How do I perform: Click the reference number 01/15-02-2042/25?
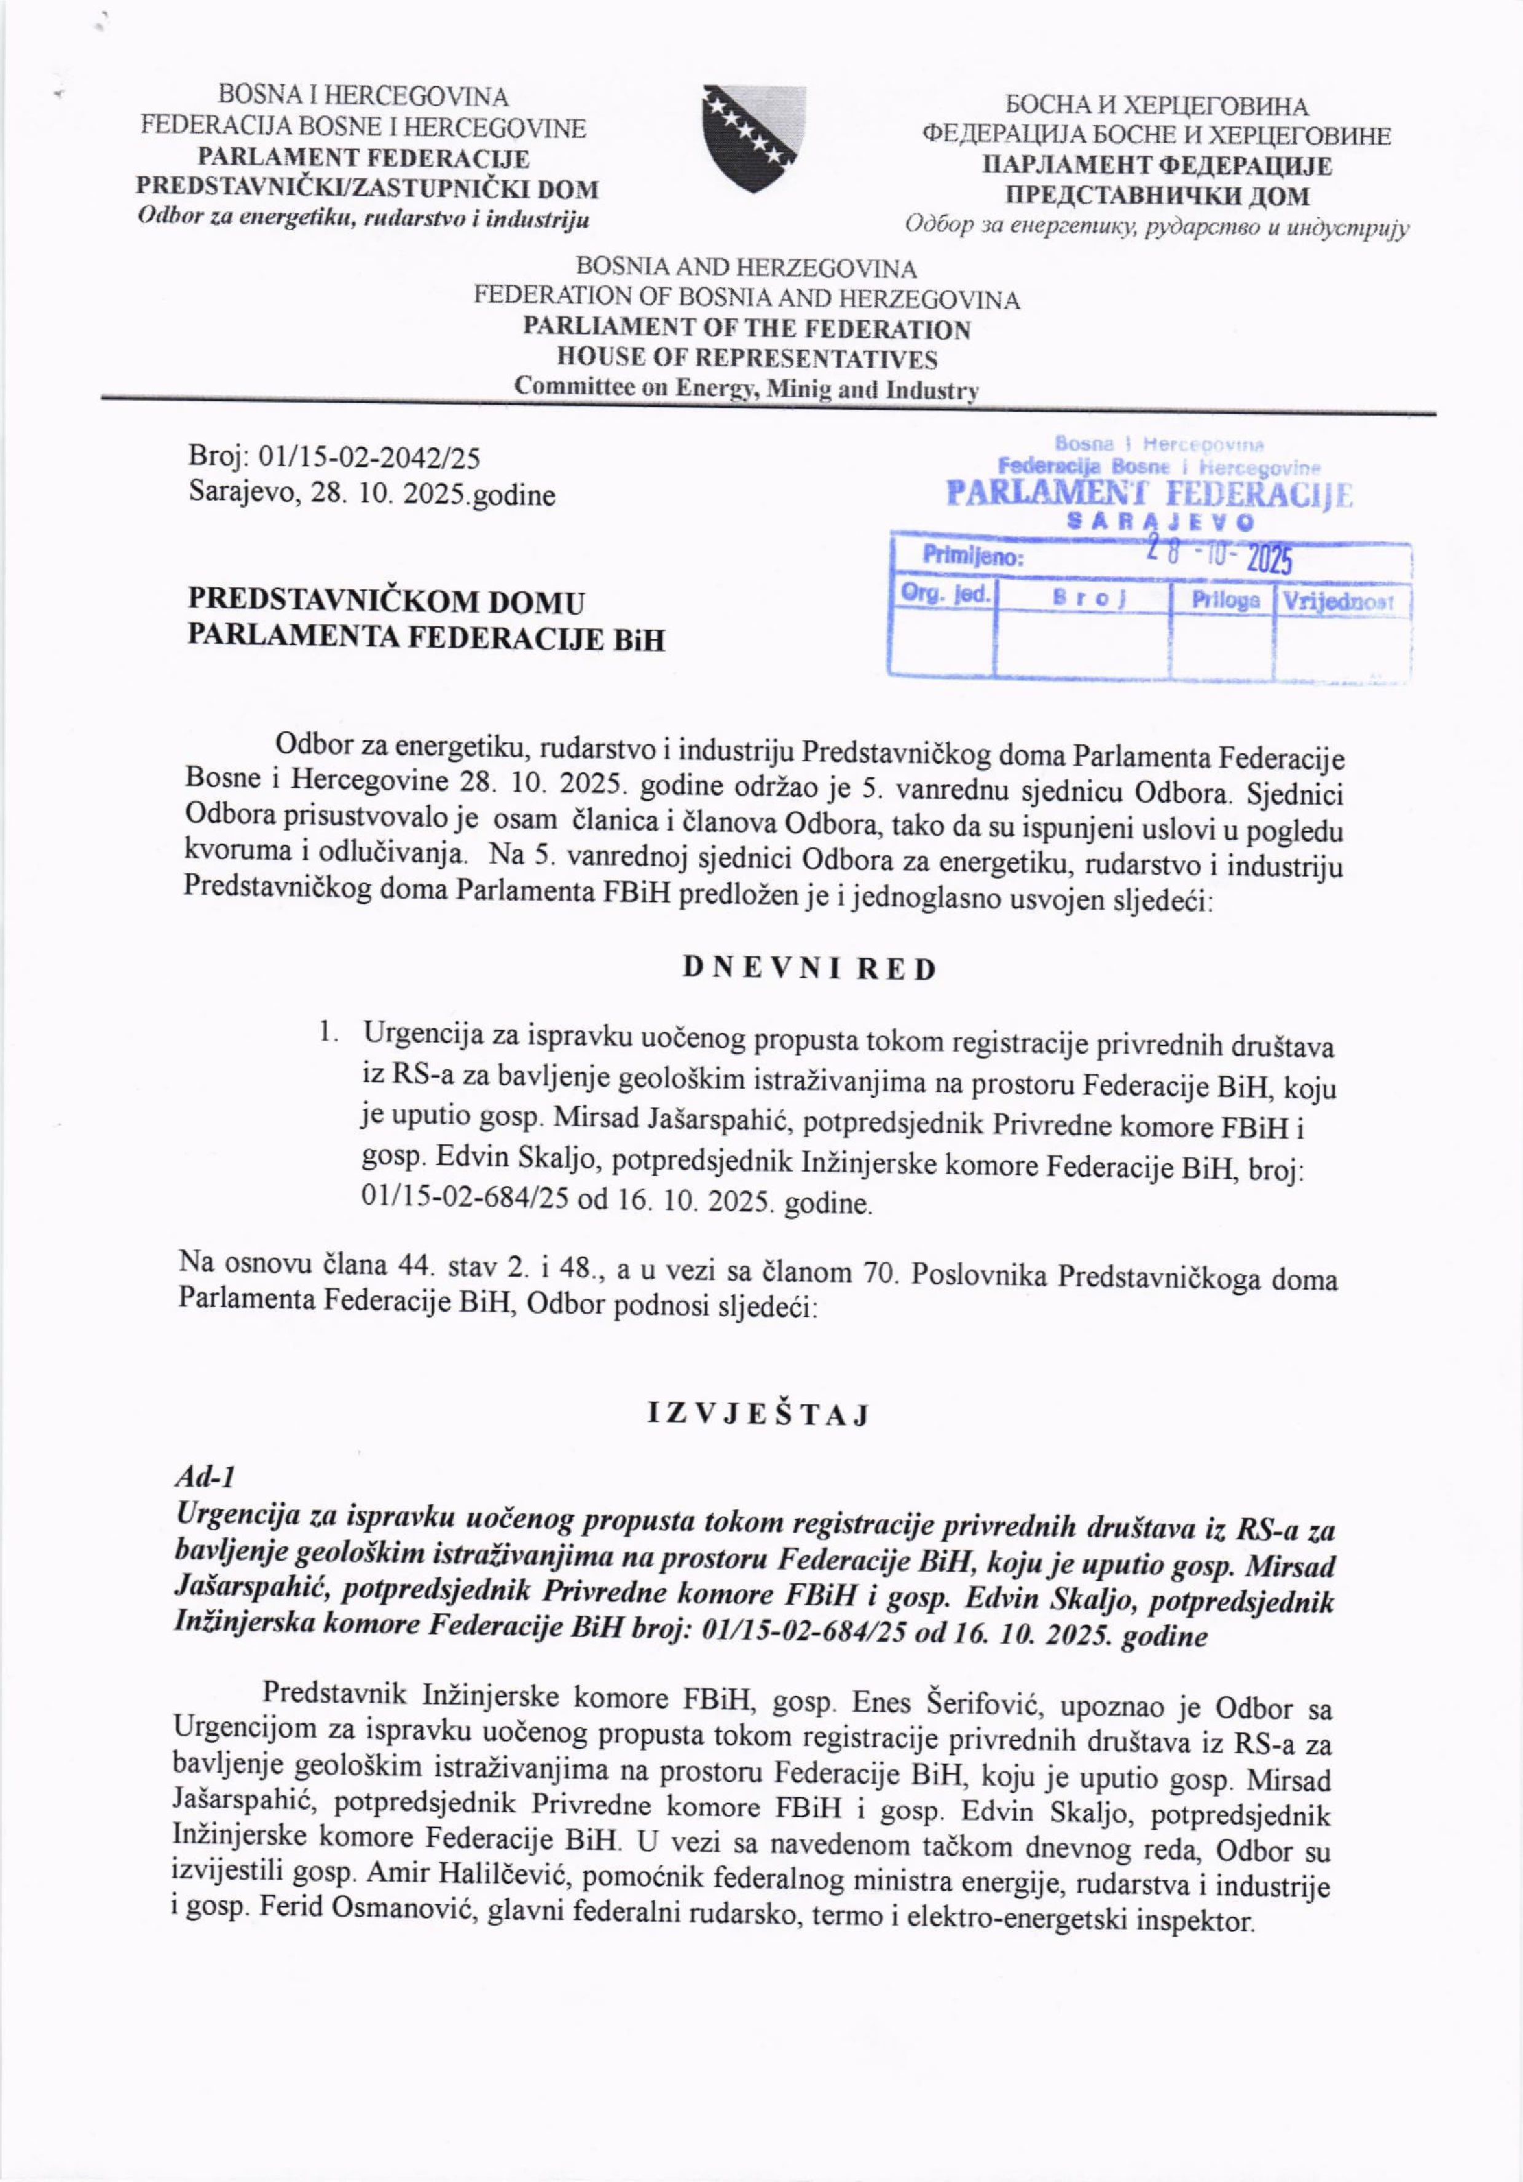pos(369,459)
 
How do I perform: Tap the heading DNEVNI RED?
pos(809,969)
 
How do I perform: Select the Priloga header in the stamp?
pos(1226,600)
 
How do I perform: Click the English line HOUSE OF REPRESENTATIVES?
pos(747,359)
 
